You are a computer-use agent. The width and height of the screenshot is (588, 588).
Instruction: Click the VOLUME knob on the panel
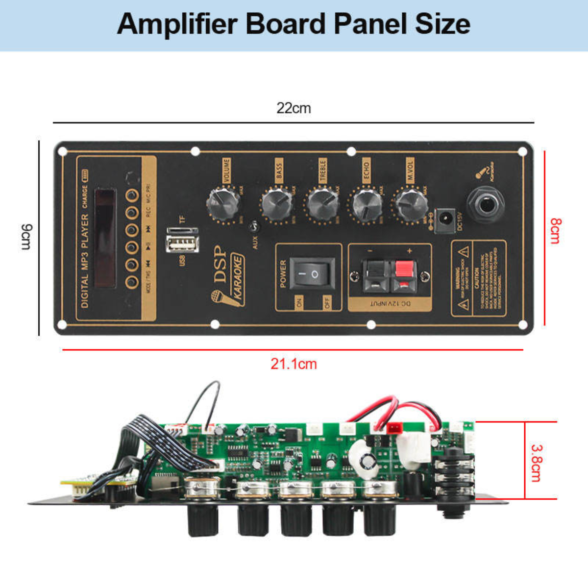point(223,203)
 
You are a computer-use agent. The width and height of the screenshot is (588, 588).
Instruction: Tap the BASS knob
point(277,204)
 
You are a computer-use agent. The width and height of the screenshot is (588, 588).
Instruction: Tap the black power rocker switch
point(313,273)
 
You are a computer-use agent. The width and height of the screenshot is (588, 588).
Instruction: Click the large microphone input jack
point(487,205)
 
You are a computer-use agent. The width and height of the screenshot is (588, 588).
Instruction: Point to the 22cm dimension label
point(294,108)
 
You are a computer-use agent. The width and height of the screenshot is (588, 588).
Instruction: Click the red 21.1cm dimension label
point(294,364)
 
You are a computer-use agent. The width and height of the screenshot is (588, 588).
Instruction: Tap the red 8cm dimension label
point(556,231)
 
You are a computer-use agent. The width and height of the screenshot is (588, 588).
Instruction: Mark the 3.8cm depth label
point(537,463)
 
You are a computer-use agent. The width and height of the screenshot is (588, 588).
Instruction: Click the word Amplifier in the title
point(177,24)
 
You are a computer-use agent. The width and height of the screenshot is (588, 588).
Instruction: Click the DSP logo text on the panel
point(220,264)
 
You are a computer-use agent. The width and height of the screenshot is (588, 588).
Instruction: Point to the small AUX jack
point(254,227)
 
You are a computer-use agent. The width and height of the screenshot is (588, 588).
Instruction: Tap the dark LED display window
point(105,238)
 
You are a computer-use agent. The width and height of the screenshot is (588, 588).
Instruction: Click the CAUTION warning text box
point(478,278)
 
